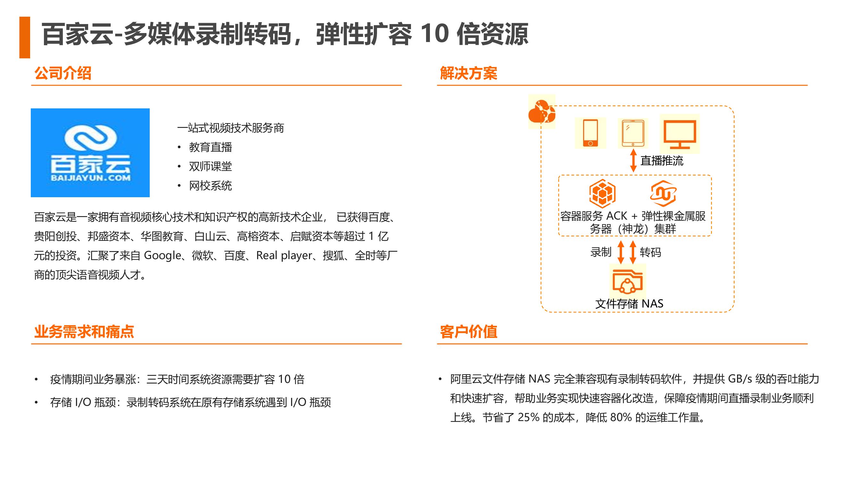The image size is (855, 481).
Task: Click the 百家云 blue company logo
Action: coord(90,153)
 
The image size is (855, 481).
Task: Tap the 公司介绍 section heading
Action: coord(63,73)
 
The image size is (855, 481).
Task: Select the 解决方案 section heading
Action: coord(468,73)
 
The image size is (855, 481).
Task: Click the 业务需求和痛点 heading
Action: coord(84,332)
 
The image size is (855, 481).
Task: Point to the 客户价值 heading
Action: coord(468,332)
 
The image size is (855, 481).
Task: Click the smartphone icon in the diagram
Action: coord(590,133)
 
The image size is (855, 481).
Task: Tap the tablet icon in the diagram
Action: coord(633,133)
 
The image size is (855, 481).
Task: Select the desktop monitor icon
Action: coord(679,134)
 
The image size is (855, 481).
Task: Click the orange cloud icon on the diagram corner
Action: coord(541,112)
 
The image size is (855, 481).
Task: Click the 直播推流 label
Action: coord(661,161)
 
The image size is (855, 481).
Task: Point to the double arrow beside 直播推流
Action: coord(633,161)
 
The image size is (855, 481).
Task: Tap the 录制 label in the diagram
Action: coord(600,252)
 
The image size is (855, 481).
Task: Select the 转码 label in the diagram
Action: coord(650,253)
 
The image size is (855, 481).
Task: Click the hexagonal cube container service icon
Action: coord(602,194)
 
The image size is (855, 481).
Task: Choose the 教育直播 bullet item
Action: coord(210,147)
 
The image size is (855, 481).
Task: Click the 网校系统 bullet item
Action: coord(210,186)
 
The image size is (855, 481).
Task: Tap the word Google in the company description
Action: coord(162,256)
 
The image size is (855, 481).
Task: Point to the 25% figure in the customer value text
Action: coord(528,417)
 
